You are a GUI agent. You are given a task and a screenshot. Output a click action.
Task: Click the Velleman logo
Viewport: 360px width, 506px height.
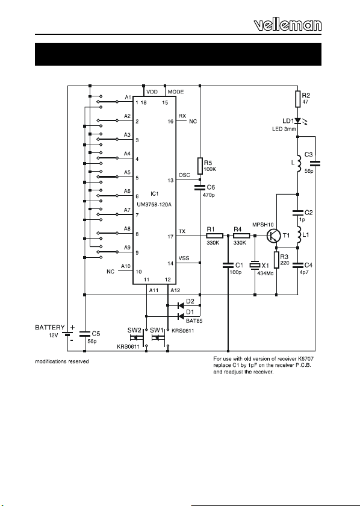coord(288,25)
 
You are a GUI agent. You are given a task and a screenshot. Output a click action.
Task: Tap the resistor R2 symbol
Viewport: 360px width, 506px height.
coord(298,99)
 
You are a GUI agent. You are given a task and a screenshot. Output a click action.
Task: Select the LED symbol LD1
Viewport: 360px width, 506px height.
coord(298,121)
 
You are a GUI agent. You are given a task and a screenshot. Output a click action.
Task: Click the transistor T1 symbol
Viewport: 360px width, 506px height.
coord(274,236)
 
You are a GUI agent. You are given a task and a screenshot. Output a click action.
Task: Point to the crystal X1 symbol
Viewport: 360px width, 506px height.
coord(255,265)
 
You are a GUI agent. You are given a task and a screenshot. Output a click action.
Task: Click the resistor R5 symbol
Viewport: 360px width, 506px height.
coord(200,166)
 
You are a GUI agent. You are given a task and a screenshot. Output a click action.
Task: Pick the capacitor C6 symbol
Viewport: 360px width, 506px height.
coord(200,187)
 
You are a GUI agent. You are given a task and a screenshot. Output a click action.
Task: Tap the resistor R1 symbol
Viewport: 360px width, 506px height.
coord(214,236)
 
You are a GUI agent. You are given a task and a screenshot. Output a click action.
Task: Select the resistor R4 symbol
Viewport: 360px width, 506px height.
coord(241,236)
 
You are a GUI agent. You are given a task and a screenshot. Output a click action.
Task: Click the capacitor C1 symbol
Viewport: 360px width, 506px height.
coord(228,265)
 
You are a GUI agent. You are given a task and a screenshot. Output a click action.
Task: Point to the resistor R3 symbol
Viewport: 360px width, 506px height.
coord(276,260)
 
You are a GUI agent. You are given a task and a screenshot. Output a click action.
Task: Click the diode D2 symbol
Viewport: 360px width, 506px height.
coord(181,305)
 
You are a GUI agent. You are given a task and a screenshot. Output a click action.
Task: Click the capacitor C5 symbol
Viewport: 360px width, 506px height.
coord(84,334)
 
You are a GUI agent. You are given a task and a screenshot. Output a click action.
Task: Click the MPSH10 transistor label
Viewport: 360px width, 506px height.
coord(262,225)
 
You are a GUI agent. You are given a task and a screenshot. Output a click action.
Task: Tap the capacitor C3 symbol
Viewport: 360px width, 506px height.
coord(315,164)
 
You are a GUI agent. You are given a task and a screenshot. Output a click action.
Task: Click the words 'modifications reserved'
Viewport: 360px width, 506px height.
coord(62,361)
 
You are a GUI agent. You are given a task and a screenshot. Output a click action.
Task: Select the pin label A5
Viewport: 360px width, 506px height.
coord(127,173)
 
